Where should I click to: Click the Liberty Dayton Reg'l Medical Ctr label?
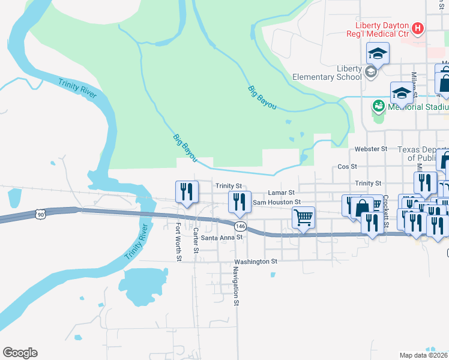381,29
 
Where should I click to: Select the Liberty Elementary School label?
327,73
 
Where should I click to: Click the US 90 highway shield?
40,214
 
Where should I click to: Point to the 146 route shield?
240,226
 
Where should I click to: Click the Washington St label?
256,262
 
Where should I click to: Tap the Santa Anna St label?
221,237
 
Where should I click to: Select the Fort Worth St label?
178,242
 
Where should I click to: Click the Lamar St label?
281,193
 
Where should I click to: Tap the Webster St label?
371,148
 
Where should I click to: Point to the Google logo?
20,353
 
